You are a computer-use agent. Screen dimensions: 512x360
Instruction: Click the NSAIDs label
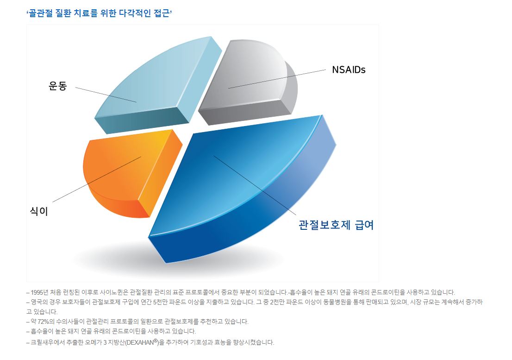tap(349, 69)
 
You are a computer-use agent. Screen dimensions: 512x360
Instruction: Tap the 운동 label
tap(58, 86)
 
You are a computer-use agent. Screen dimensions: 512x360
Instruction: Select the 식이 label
tap(39, 211)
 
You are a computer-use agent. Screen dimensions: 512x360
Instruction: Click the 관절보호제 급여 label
tap(336, 225)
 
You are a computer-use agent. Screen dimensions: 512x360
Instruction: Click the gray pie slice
tap(248, 82)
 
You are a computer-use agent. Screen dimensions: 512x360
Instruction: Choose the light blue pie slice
tap(157, 85)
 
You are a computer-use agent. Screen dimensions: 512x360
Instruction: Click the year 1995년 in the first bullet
tap(39, 292)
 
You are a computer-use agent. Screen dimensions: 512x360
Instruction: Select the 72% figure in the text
tap(43, 322)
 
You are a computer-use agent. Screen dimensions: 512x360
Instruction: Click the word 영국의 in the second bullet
tap(39, 302)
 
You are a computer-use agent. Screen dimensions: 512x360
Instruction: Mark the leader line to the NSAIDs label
tap(277, 79)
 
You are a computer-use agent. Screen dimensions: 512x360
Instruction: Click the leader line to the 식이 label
tap(97, 179)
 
